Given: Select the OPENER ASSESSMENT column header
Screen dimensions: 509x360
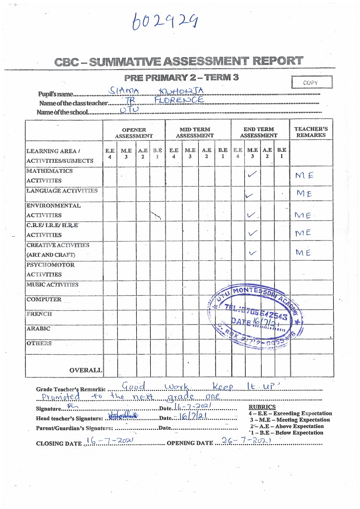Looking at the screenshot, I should [133, 133].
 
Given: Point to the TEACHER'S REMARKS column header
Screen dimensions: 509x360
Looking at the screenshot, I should [311, 132].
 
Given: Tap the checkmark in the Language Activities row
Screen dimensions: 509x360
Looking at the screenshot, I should [249, 195].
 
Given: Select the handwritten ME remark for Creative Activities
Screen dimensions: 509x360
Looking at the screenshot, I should [304, 253].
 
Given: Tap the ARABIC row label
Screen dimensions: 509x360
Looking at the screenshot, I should [38, 329].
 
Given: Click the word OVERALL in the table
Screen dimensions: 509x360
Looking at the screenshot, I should [85, 370].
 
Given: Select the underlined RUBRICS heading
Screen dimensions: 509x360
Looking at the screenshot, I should [262, 407].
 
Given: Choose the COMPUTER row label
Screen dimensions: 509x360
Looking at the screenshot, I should [44, 299].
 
